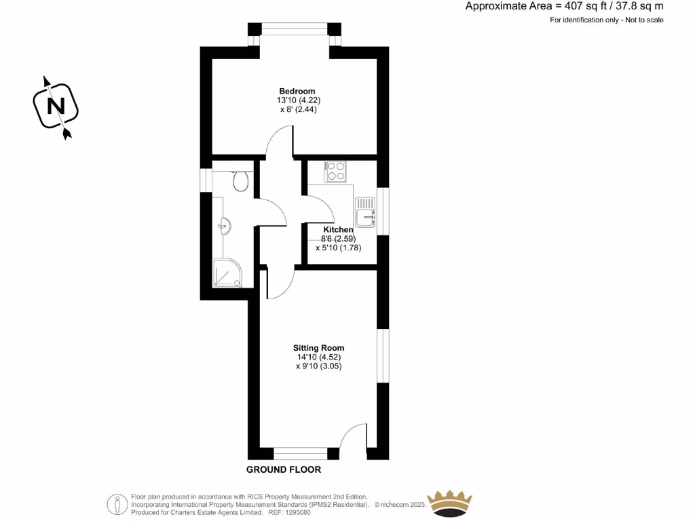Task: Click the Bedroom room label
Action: (297, 91)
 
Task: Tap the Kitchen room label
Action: (338, 230)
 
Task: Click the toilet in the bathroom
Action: (240, 180)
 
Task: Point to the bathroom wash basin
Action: (226, 225)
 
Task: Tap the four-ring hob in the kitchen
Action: (335, 171)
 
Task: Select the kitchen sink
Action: (364, 210)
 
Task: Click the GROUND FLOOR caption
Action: (284, 469)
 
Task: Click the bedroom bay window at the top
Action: (295, 28)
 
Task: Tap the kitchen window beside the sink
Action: (383, 210)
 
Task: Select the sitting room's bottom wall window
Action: (300, 454)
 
